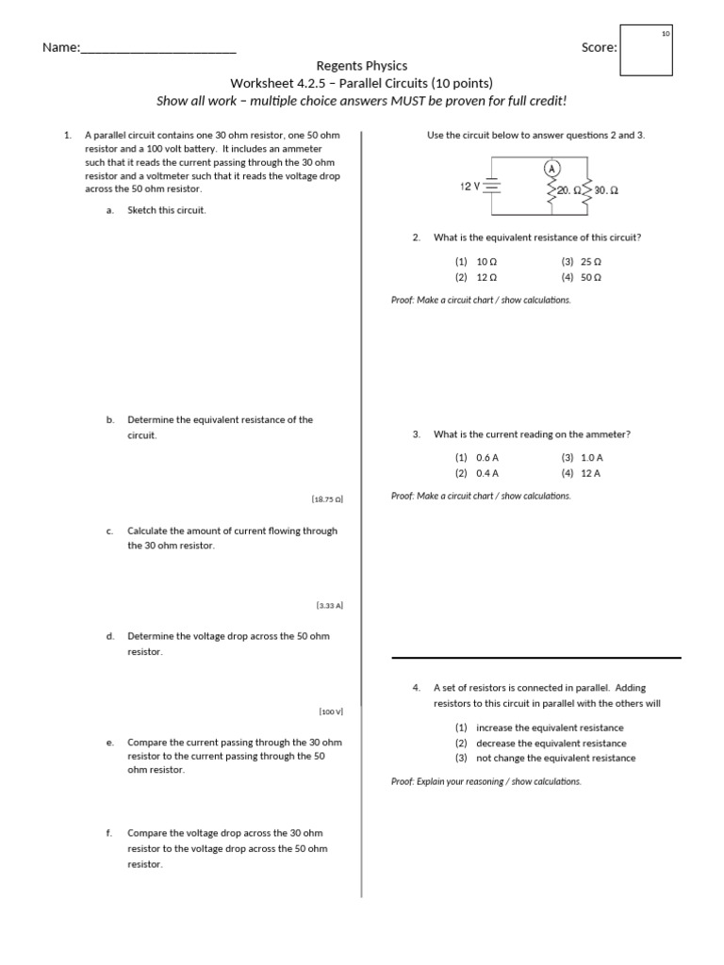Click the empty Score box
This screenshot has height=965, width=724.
tap(646, 52)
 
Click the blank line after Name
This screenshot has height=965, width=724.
tap(158, 48)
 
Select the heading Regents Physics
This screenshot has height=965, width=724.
tap(362, 66)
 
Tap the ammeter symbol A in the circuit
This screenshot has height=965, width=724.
tap(552, 168)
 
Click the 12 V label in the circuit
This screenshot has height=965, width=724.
tap(470, 186)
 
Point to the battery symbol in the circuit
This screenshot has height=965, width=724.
tap(491, 187)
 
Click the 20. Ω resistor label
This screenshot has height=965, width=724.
tap(568, 190)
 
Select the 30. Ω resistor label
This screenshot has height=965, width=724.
tap(606, 190)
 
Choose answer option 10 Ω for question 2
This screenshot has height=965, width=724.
tap(486, 261)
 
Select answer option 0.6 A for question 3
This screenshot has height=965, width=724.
tap(487, 457)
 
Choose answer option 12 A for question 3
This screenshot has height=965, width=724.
tap(591, 473)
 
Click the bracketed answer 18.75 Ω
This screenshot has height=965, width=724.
tap(326, 499)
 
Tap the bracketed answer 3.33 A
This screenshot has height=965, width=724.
tap(329, 605)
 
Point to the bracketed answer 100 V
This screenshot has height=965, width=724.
tap(331, 711)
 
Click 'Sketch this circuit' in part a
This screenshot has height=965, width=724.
tap(166, 210)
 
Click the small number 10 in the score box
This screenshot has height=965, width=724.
tap(665, 34)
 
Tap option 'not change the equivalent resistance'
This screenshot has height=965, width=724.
tap(555, 758)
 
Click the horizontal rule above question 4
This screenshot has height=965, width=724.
tap(535, 657)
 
